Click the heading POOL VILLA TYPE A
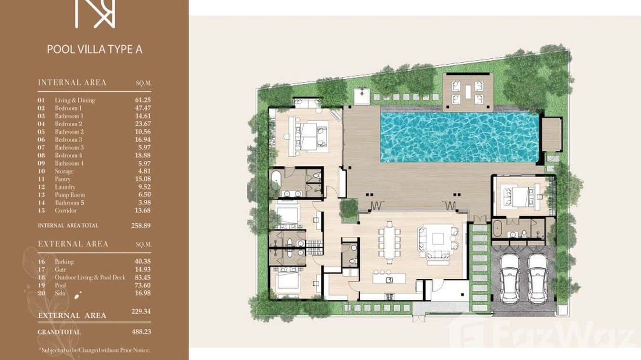point(95,49)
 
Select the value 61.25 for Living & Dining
point(143,100)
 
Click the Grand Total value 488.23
point(141,332)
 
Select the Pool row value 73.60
point(143,285)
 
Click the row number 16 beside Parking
point(42,262)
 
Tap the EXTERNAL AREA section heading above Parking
point(73,244)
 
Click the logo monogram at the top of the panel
point(95,13)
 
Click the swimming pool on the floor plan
point(459,137)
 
